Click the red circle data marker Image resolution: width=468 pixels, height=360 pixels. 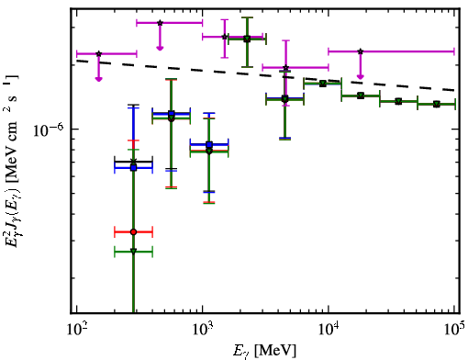pyautogui.click(x=133, y=232)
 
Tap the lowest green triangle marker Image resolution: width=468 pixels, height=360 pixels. pyautogui.click(x=133, y=252)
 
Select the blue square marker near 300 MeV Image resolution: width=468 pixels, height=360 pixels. pyautogui.click(x=133, y=168)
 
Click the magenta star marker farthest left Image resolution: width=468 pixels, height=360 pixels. pyautogui.click(x=98, y=54)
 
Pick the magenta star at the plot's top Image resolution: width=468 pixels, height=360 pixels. pyautogui.click(x=160, y=23)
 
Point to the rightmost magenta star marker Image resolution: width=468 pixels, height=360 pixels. pyautogui.click(x=361, y=51)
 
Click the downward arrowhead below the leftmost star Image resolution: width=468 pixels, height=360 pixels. pyautogui.click(x=98, y=79)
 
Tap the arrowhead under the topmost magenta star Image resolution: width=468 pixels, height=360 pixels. pyautogui.click(x=160, y=48)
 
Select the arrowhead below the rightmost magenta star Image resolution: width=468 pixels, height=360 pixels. pyautogui.click(x=361, y=76)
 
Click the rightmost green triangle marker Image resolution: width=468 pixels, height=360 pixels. pyautogui.click(x=437, y=105)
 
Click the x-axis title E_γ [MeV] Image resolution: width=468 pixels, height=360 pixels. pyautogui.click(x=264, y=351)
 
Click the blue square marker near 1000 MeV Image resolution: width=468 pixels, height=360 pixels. pyautogui.click(x=209, y=144)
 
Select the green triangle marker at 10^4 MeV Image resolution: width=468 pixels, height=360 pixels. pyautogui.click(x=322, y=84)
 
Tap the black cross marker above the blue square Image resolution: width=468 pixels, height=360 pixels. pyautogui.click(x=133, y=162)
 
